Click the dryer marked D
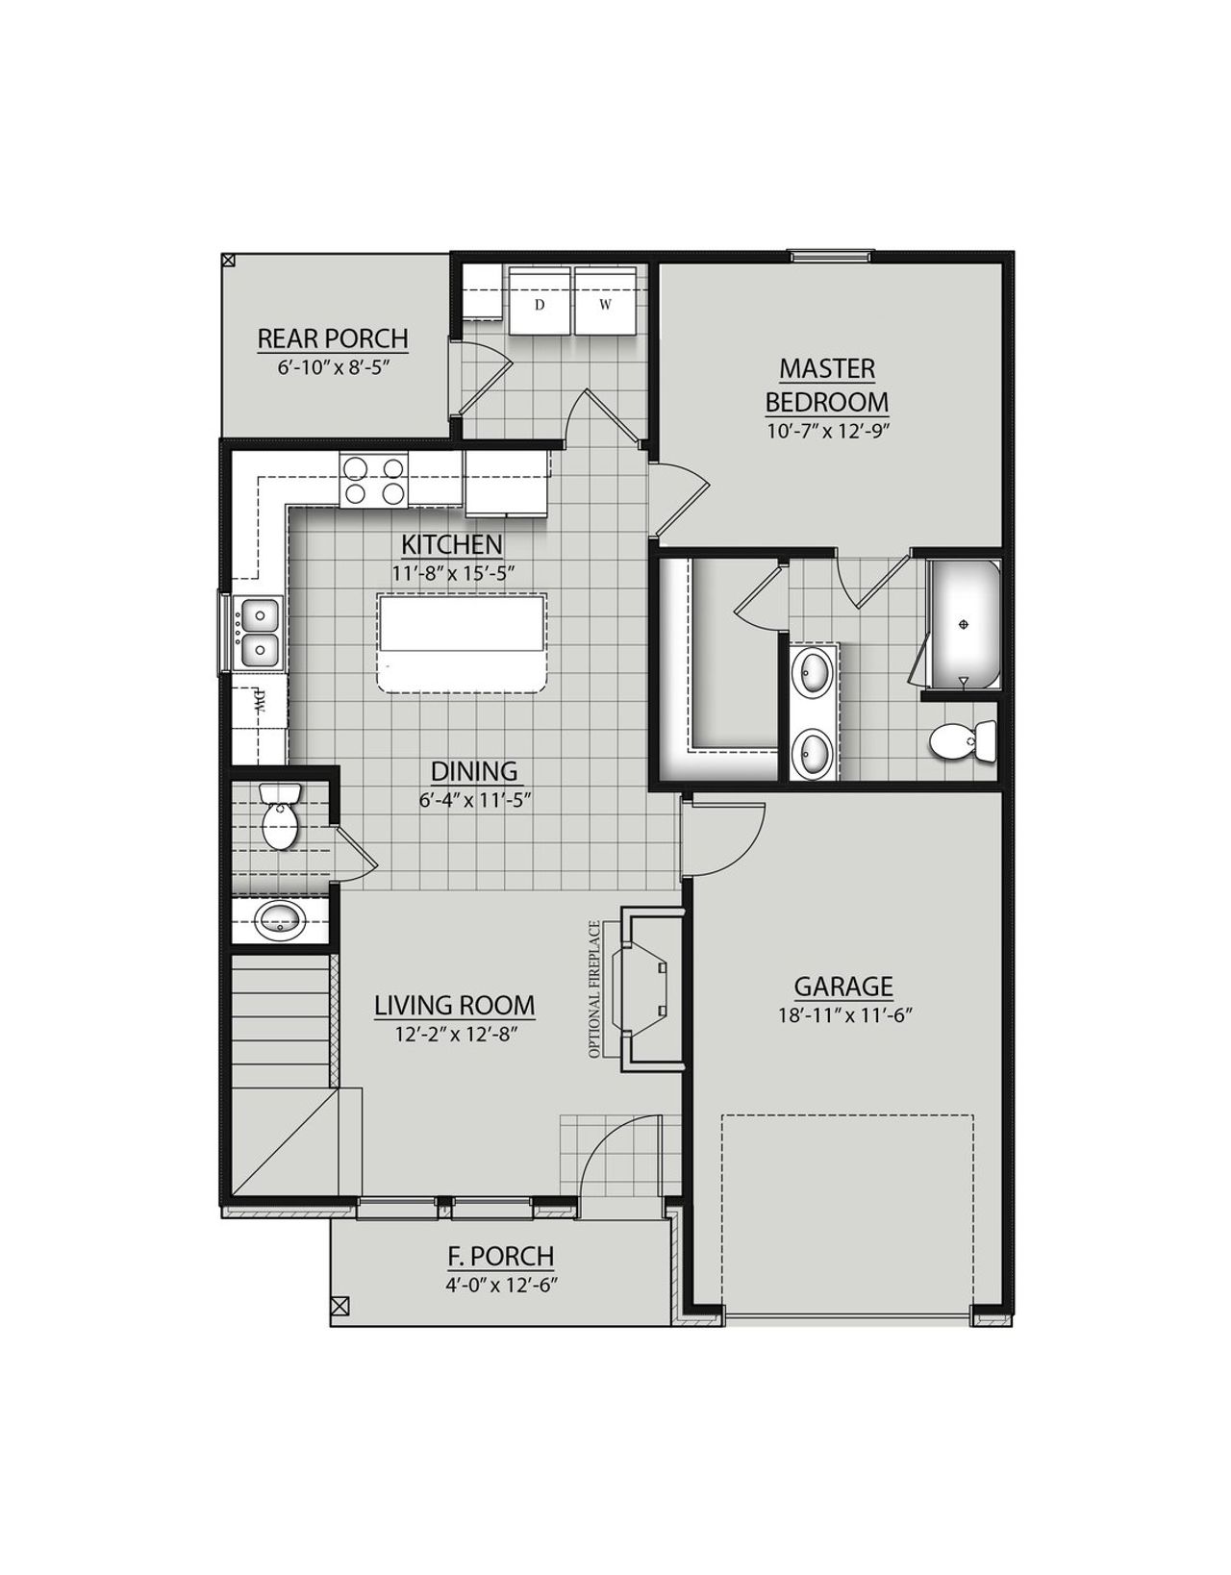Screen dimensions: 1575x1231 click(x=540, y=304)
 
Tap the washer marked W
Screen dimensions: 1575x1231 click(x=605, y=304)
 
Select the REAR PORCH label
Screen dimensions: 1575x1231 click(x=333, y=339)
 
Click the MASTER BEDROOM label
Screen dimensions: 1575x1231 click(x=826, y=385)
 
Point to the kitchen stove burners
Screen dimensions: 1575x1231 click(x=373, y=481)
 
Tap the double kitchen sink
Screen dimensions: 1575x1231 click(x=257, y=633)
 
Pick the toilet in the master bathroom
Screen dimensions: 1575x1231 click(x=963, y=741)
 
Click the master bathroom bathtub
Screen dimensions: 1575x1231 click(x=964, y=623)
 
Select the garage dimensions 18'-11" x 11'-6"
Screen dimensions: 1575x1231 click(x=842, y=1014)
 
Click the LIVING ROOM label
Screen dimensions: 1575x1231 click(x=454, y=1006)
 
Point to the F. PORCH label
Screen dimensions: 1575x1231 click(x=500, y=1256)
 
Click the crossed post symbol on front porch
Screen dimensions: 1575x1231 click(x=339, y=1306)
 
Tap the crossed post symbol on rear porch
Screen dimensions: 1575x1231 click(x=228, y=260)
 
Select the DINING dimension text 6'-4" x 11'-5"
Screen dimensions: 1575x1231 click(x=473, y=798)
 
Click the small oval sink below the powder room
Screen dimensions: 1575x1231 click(x=281, y=919)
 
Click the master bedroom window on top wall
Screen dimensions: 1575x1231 click(x=831, y=256)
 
